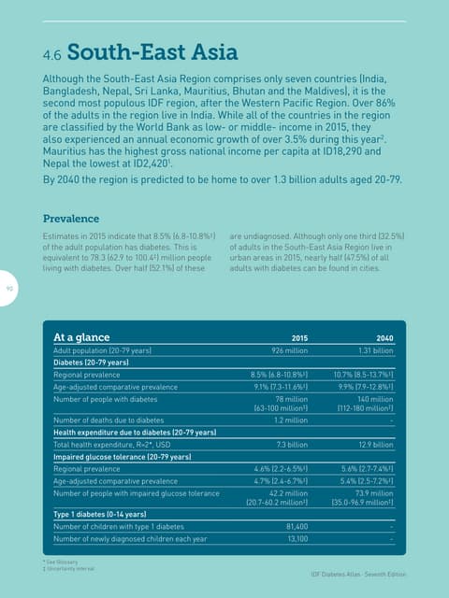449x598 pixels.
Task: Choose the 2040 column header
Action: click(384, 338)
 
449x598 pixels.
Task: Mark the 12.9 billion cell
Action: click(376, 446)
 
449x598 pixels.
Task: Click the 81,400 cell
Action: click(297, 526)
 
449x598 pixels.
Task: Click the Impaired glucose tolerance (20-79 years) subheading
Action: click(123, 457)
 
